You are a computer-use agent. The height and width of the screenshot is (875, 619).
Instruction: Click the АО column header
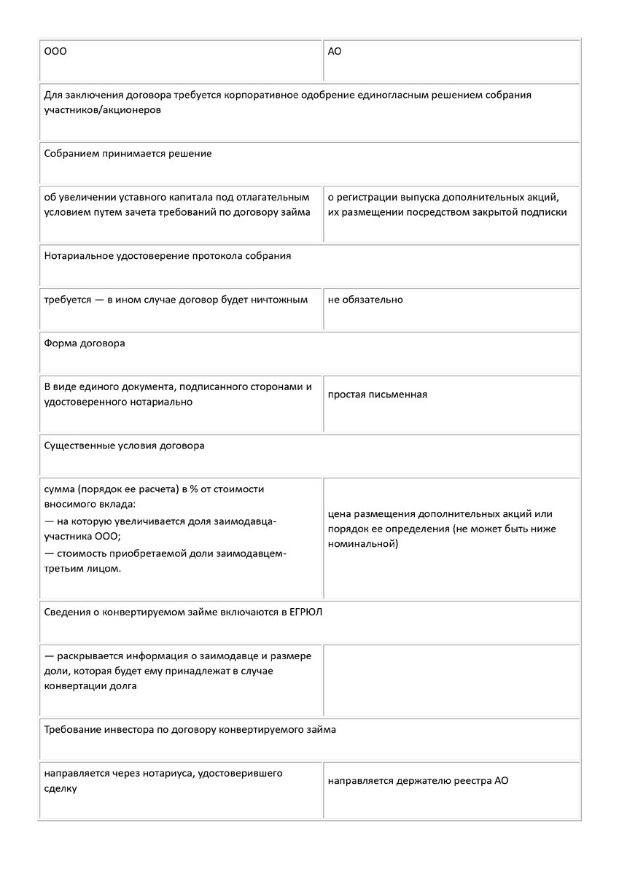[335, 52]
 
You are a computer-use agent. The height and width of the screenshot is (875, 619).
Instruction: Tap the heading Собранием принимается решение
[128, 154]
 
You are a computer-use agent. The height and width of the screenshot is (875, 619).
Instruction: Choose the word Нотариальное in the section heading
[77, 256]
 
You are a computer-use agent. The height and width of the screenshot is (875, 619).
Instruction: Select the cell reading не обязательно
[365, 300]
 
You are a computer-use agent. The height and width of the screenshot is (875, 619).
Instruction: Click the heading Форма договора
[84, 343]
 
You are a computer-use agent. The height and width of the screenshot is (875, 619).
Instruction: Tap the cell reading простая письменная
[377, 394]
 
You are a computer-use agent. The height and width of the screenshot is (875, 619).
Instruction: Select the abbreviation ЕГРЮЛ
[305, 612]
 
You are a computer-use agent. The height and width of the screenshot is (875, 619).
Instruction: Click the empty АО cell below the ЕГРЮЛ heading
[451, 680]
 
